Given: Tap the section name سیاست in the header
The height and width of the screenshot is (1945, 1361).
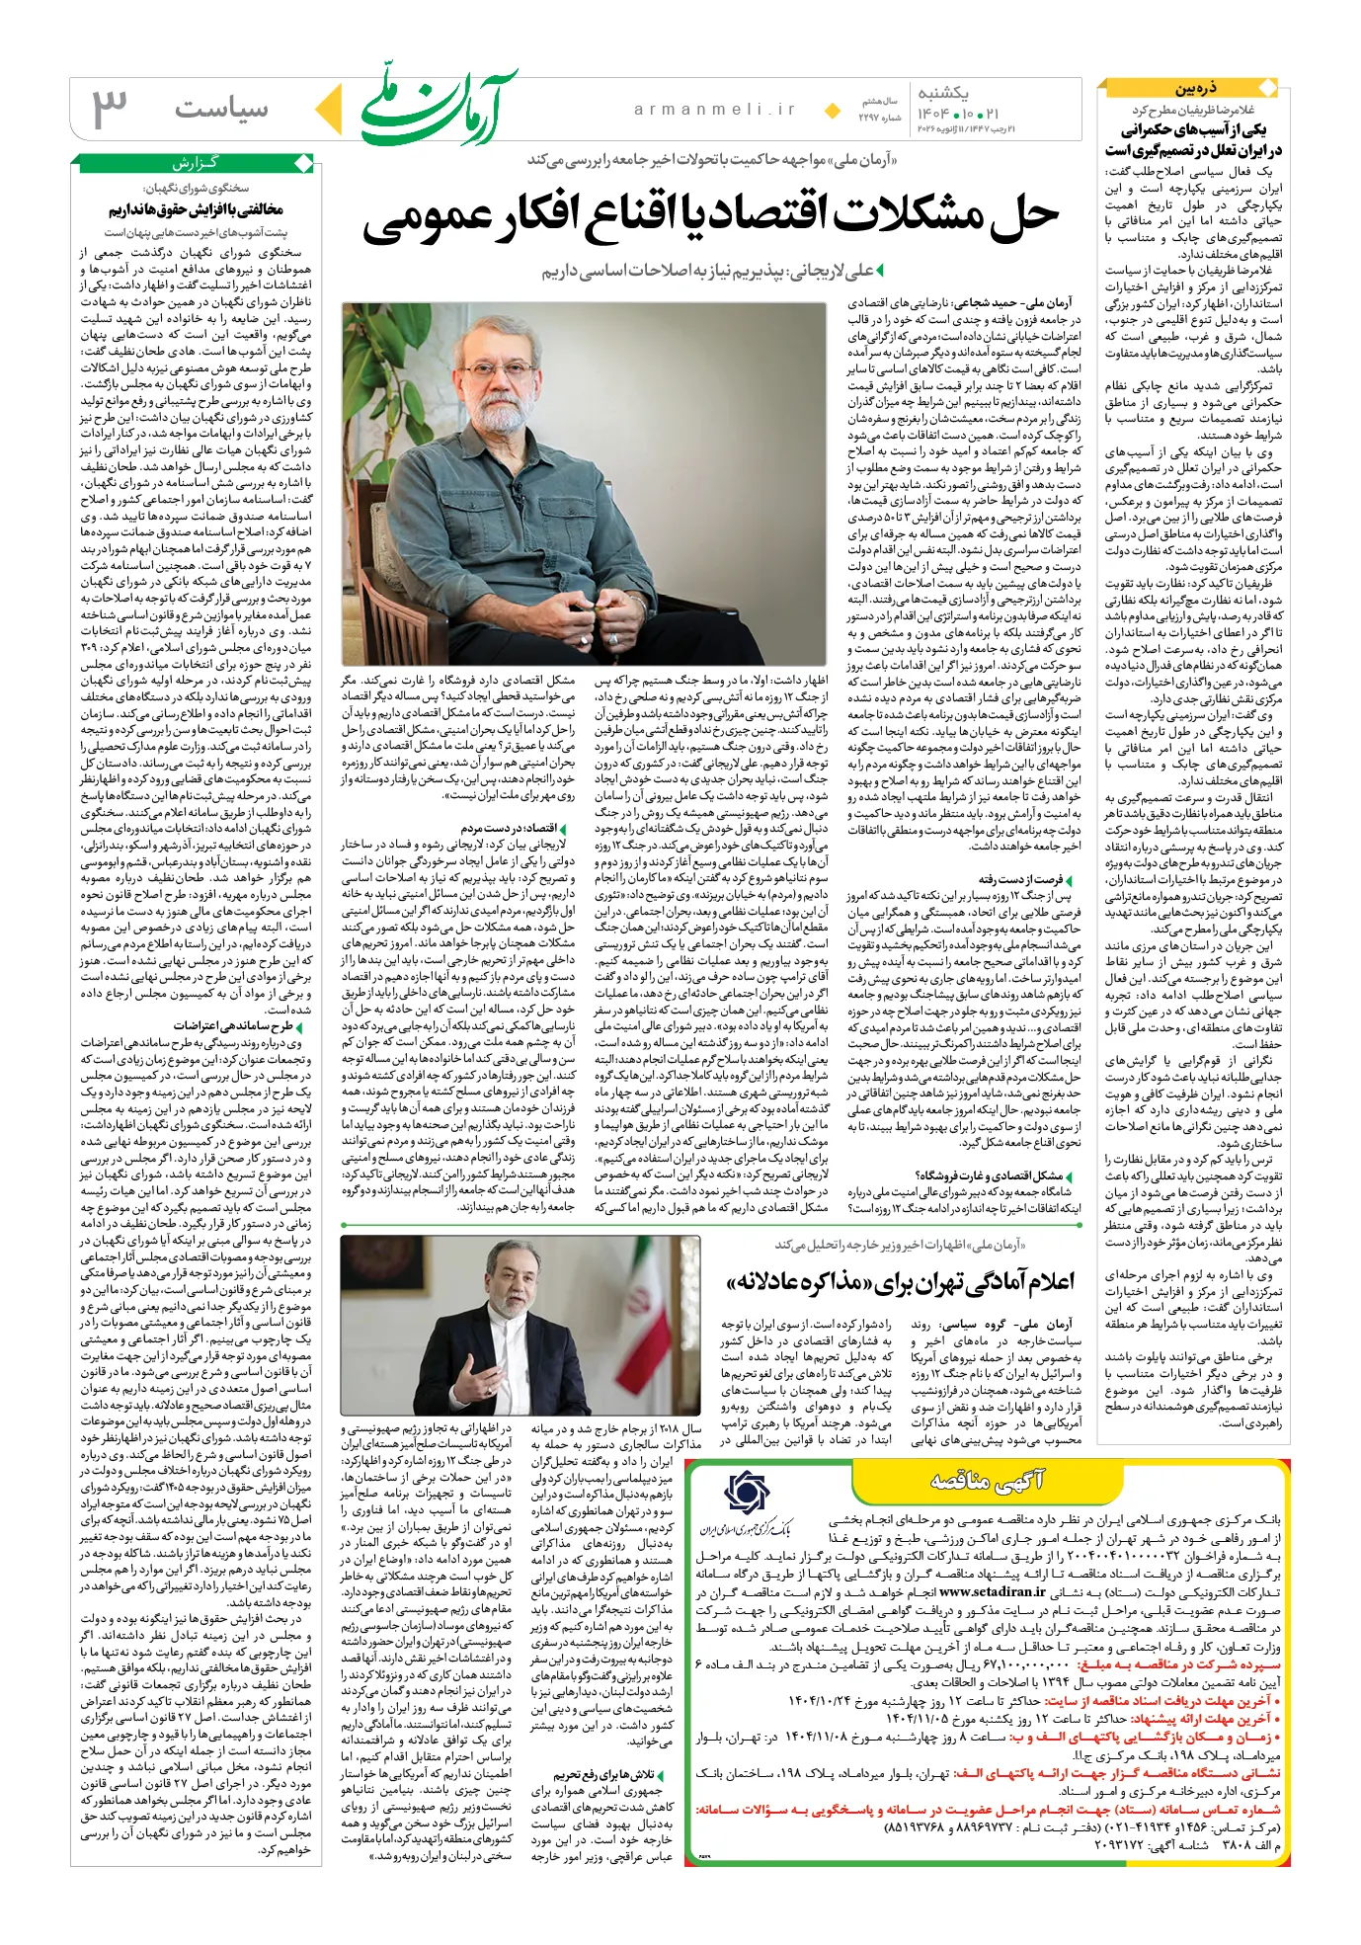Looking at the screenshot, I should pyautogui.click(x=221, y=109).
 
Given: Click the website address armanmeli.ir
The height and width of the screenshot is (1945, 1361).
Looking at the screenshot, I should pyautogui.click(x=715, y=110).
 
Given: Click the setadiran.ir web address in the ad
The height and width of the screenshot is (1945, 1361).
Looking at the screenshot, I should pyautogui.click(x=992, y=1591).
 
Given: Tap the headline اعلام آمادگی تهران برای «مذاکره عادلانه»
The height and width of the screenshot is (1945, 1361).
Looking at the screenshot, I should pyautogui.click(x=900, y=1282).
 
